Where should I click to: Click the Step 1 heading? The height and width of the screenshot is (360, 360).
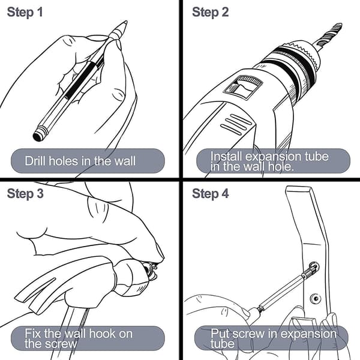point(25,12)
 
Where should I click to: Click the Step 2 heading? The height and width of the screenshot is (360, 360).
point(211,12)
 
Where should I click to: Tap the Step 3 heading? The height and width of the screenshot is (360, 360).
point(25,194)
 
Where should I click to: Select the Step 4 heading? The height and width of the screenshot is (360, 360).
point(211,194)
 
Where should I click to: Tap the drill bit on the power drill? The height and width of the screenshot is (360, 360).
point(329,34)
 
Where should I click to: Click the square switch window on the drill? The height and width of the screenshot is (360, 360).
point(242,88)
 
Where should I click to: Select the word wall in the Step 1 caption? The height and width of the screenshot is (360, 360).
point(125,161)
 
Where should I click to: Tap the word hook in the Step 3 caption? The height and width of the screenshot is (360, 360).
point(102,334)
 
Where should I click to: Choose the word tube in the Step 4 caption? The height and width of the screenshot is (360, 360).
point(222,344)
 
